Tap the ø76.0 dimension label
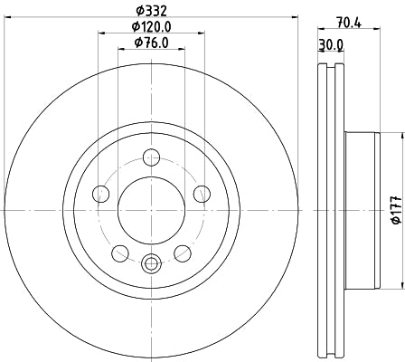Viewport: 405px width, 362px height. [x=151, y=43]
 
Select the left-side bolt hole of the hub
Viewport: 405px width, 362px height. [x=101, y=193]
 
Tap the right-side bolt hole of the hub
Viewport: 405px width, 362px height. [x=202, y=193]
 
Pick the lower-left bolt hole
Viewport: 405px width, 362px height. [x=120, y=252]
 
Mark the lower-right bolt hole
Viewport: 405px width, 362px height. [x=183, y=252]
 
